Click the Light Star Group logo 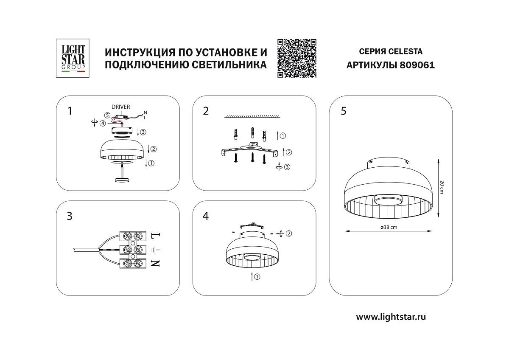[71, 58]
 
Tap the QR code [297, 58]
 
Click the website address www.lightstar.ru [391, 317]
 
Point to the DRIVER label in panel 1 [121, 107]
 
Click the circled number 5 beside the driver [108, 115]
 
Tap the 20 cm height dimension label [442, 186]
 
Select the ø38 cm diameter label [389, 228]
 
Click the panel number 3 [70, 216]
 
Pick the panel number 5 [343, 111]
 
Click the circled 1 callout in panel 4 [257, 277]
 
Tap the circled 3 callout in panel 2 [287, 167]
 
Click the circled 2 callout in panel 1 [154, 149]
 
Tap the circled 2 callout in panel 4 [289, 233]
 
